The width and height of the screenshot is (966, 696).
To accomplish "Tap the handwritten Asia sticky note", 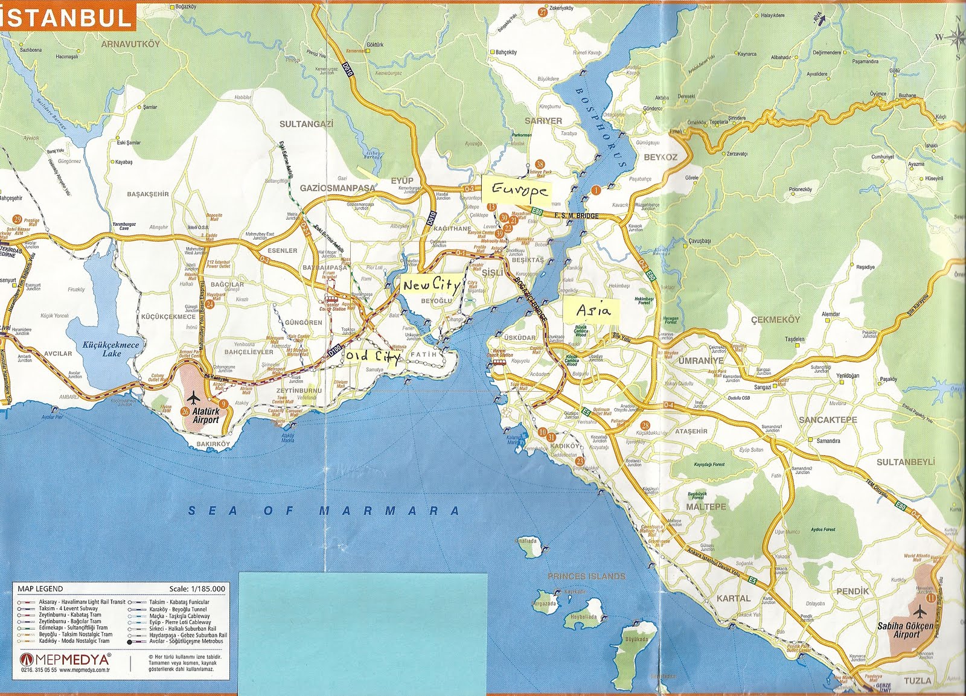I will tap(593, 310).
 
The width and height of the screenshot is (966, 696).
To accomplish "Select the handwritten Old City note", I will tap(373, 357).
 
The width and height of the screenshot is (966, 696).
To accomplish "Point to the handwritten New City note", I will tap(430, 284).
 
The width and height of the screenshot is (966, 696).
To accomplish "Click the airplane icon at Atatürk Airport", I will tap(193, 398).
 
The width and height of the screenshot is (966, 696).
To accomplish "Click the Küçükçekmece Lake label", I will tap(111, 349).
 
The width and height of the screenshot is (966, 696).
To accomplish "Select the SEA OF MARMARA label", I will tap(324, 511).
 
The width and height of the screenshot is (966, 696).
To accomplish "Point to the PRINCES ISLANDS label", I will tap(586, 576).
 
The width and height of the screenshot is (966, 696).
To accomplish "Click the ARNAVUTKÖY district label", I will tap(131, 44).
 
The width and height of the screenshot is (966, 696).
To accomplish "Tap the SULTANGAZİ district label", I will tap(306, 124).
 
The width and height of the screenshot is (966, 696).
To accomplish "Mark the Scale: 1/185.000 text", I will tap(197, 589).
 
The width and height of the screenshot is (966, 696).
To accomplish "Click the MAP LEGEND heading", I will tap(40, 589).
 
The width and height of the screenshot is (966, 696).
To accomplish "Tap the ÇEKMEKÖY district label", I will tap(775, 319).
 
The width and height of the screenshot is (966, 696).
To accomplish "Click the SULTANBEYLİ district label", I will tap(905, 462).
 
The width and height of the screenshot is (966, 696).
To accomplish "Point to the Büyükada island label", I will tap(637, 639).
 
